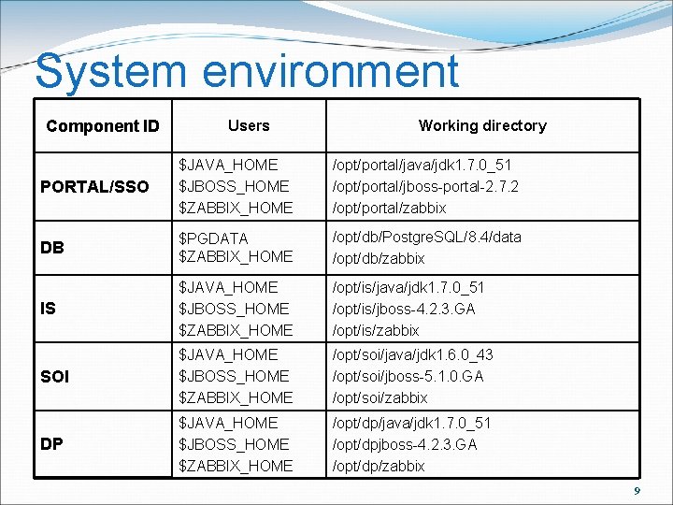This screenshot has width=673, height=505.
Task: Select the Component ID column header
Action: click(x=103, y=126)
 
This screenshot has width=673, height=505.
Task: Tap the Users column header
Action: click(x=249, y=125)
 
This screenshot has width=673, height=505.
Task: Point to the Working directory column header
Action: click(x=482, y=125)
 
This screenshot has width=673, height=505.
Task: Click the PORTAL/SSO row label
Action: click(x=94, y=188)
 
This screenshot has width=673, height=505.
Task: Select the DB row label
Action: click(x=52, y=248)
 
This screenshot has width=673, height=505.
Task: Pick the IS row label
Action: click(x=48, y=308)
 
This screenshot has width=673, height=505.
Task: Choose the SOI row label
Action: click(x=55, y=377)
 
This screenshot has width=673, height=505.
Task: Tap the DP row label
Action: click(x=51, y=444)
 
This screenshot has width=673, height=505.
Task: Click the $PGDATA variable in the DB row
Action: click(x=213, y=237)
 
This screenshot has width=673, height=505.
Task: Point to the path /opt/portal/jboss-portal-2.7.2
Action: click(x=426, y=186)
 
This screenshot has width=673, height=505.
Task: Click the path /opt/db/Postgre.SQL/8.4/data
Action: click(x=427, y=237)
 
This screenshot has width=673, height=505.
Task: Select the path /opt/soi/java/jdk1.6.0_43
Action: click(x=413, y=354)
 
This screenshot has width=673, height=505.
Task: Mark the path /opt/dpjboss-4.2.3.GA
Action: click(x=405, y=444)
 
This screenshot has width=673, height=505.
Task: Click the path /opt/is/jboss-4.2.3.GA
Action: click(x=404, y=308)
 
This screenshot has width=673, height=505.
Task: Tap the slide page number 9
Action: click(x=637, y=491)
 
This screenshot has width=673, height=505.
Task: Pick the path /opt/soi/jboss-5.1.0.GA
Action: click(x=408, y=376)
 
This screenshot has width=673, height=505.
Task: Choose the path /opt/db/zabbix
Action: click(x=379, y=257)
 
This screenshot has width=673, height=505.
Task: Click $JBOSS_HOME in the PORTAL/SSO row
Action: click(x=234, y=186)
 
